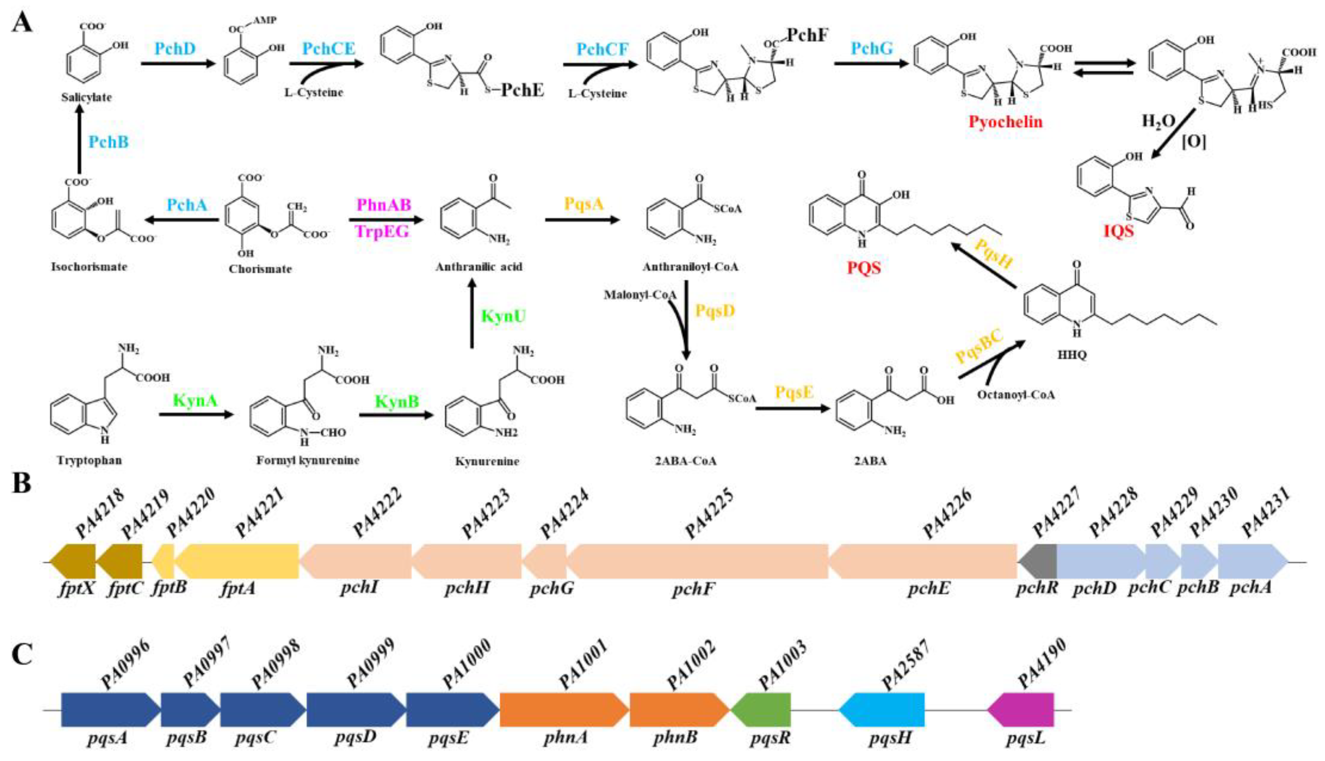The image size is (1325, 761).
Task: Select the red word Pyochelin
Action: click(x=1005, y=122)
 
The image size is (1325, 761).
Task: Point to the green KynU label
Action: click(x=503, y=316)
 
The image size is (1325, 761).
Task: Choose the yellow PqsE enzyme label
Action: click(x=794, y=392)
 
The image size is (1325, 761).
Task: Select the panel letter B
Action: click(x=21, y=484)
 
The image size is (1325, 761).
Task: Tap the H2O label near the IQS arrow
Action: click(x=1159, y=121)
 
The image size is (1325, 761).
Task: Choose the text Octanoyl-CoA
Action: click(x=1015, y=395)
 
